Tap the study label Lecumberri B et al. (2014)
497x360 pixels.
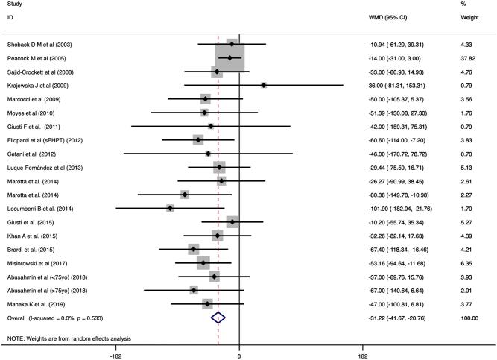coord(42,208)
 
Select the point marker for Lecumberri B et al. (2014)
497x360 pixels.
coord(171,208)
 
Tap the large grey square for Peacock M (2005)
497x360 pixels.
coord(229,58)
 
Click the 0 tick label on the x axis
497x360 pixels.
coord(239,354)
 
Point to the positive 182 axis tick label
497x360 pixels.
coord(363,354)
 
